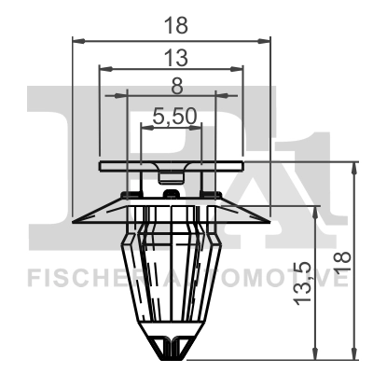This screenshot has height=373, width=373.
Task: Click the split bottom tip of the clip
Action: (172, 349)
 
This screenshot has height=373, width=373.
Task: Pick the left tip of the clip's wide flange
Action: (76, 222)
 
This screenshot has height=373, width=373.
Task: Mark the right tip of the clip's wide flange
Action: (269, 222)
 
